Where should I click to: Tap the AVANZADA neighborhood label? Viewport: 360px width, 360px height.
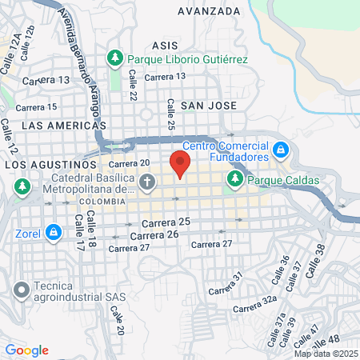pos(209,11)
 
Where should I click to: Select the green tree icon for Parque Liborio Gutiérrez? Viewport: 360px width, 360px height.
pos(115,59)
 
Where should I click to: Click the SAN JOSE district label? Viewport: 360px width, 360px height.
pos(207,105)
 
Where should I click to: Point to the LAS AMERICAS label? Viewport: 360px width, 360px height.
pos(63,126)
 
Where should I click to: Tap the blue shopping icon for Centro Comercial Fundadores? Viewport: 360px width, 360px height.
pos(281,150)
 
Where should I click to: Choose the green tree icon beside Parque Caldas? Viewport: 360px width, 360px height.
pos(235,180)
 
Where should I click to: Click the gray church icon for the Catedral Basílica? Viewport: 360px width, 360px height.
pos(146,183)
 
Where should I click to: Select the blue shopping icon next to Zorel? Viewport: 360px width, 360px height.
pos(54,233)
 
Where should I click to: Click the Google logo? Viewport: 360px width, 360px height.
pos(26,350)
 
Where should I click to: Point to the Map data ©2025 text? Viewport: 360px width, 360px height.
pos(325,353)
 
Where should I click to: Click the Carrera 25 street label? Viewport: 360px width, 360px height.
pos(166,222)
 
